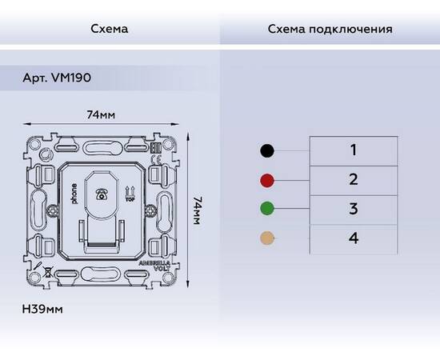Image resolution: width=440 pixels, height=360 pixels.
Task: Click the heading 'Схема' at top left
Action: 110,29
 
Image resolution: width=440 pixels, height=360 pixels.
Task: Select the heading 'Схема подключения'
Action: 330,29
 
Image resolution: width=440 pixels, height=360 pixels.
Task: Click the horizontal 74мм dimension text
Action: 101,115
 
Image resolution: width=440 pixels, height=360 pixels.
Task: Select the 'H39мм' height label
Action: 42,307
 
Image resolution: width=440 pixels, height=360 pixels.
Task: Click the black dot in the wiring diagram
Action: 267,150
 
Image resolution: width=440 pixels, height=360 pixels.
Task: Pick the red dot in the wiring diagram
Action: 267,180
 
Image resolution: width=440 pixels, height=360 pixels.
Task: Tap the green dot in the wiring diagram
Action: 267,210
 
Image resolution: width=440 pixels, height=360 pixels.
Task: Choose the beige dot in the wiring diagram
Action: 267,238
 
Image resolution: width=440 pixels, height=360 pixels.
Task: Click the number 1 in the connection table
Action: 353,150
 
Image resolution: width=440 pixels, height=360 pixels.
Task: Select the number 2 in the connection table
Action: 353,179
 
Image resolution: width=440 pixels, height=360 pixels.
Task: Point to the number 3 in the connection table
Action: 353,209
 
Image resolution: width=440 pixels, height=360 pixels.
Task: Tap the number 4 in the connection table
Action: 353,238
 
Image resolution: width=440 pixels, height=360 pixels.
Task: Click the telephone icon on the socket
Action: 102,194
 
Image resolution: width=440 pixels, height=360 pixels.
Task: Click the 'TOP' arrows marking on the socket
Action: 126,194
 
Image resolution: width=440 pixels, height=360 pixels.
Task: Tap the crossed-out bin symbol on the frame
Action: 50,269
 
